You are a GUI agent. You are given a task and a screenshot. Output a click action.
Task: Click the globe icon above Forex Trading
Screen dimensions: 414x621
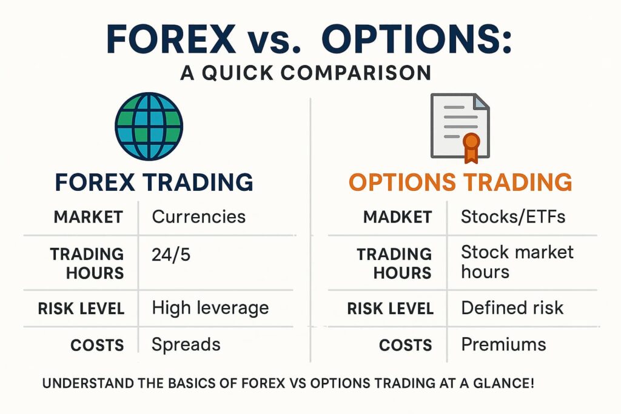(x=149, y=125)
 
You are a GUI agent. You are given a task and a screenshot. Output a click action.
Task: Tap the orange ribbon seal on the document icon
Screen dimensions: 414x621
(x=471, y=145)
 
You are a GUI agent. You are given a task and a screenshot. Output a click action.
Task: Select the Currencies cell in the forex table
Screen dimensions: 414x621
(x=198, y=216)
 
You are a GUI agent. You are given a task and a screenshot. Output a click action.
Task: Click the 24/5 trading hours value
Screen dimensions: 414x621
(x=171, y=255)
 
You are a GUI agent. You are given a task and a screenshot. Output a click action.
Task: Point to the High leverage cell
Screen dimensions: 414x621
(x=210, y=307)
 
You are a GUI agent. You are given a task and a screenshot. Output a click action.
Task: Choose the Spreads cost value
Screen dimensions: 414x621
(x=186, y=345)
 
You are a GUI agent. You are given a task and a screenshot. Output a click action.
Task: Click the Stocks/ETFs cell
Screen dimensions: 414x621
(x=513, y=216)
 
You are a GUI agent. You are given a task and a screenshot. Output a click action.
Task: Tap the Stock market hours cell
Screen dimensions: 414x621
(x=517, y=261)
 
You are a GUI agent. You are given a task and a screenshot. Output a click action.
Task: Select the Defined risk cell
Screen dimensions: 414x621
(x=512, y=307)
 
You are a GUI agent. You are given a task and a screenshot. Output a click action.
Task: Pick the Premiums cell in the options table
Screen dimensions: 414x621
(x=503, y=345)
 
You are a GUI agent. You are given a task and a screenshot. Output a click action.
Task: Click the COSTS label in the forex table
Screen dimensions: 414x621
(x=97, y=345)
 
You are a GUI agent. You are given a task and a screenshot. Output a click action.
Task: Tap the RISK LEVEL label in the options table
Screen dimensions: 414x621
(x=390, y=308)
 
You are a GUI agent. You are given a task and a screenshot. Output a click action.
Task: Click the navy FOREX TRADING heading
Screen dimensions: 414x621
(x=153, y=182)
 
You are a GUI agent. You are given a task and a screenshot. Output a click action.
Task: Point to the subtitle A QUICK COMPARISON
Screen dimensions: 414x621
(x=306, y=73)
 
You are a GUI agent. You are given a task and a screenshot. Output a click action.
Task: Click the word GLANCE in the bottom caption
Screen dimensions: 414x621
(x=503, y=384)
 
